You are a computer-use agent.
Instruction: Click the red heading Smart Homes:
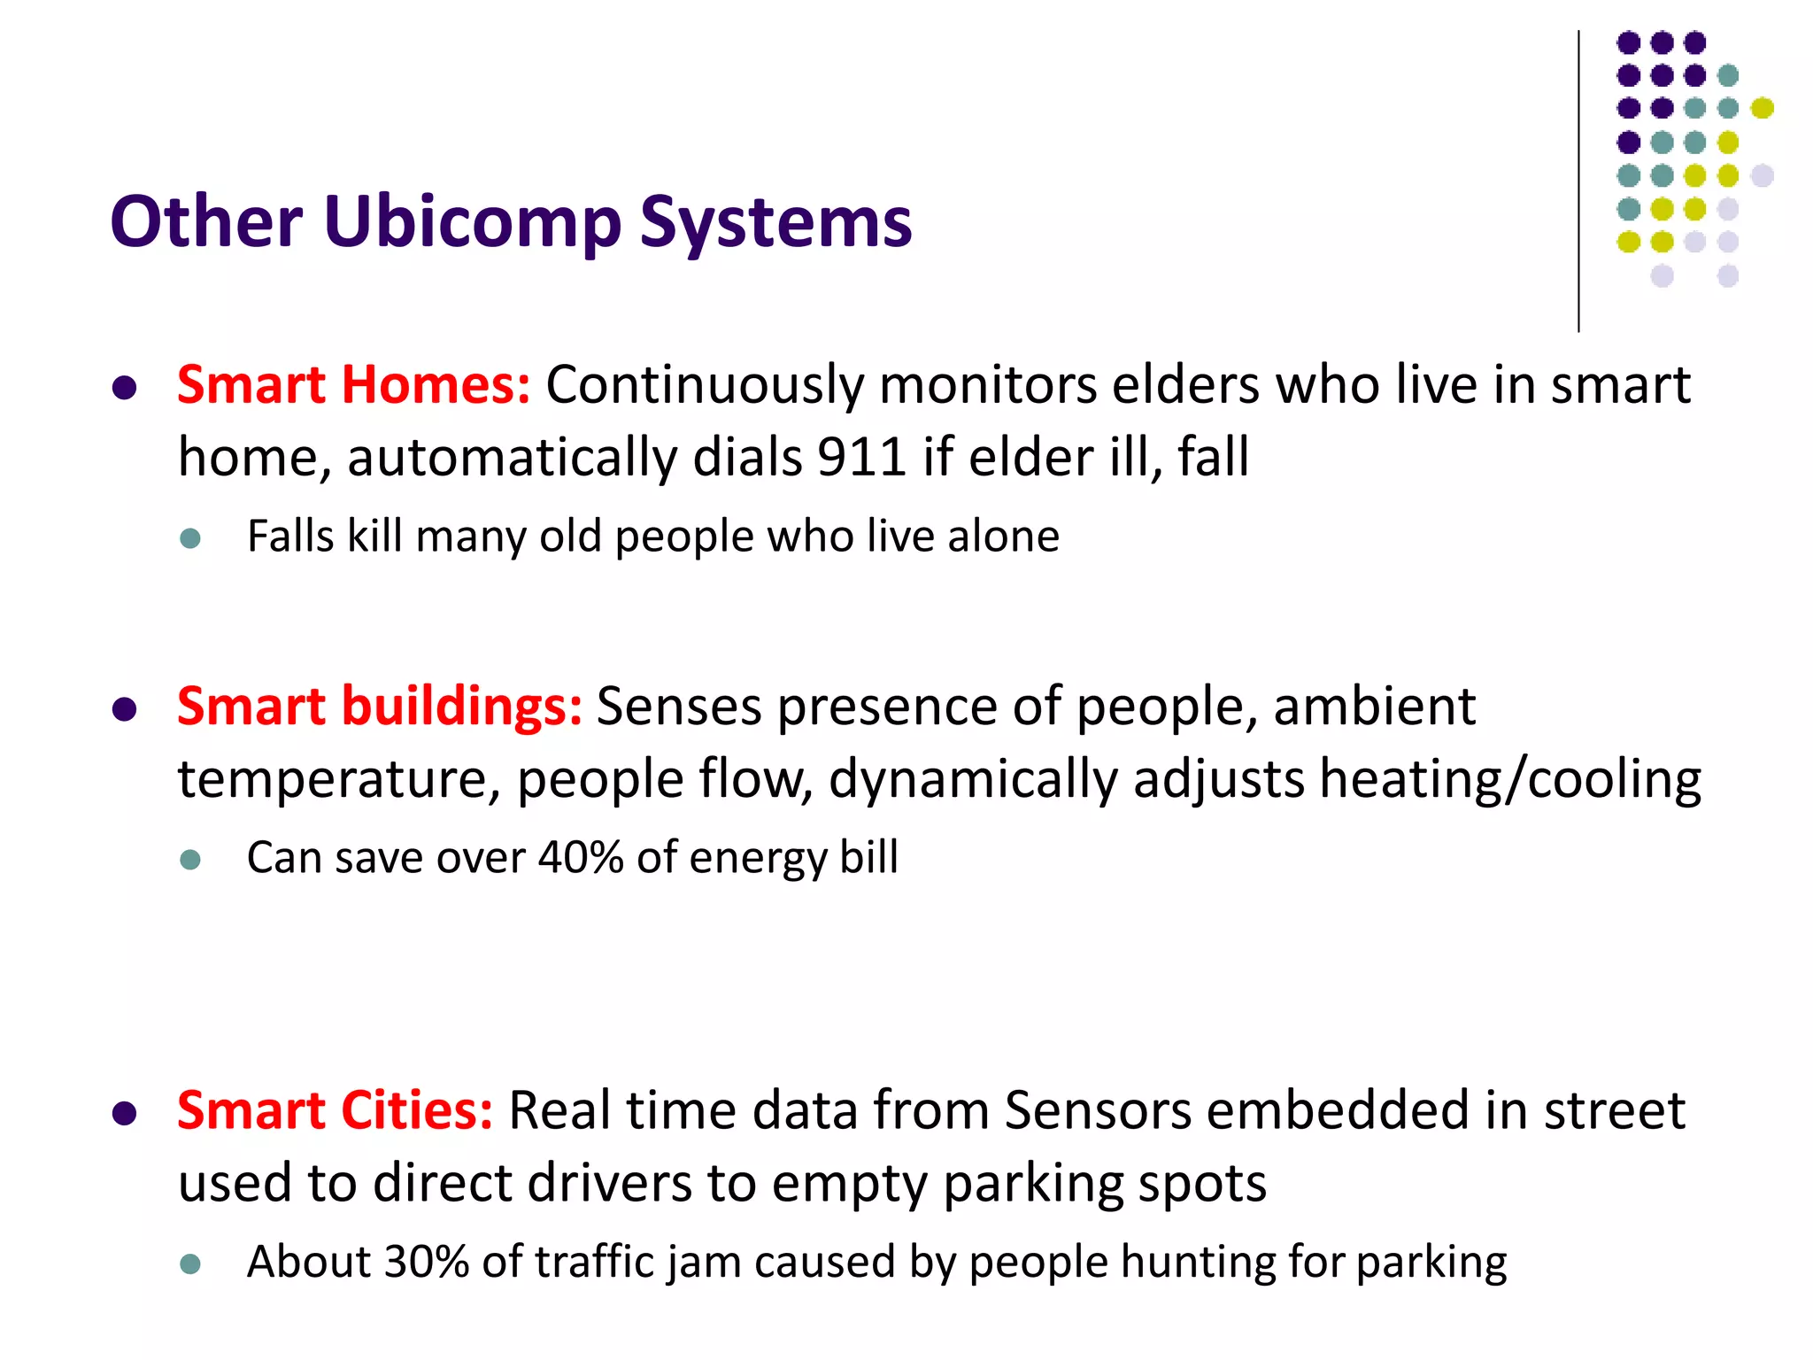353,385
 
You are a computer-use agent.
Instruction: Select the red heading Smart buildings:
379,707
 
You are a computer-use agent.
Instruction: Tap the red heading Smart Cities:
335,1110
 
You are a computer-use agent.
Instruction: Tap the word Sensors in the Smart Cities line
1098,1110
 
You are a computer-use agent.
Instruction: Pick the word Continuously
705,385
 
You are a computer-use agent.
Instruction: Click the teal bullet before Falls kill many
190,538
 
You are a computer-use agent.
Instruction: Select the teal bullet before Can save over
190,860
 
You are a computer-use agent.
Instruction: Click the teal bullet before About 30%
190,1263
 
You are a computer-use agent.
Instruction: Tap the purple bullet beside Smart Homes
125,388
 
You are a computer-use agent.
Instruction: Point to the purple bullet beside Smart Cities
125,1113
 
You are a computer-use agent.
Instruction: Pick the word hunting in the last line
1199,1261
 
